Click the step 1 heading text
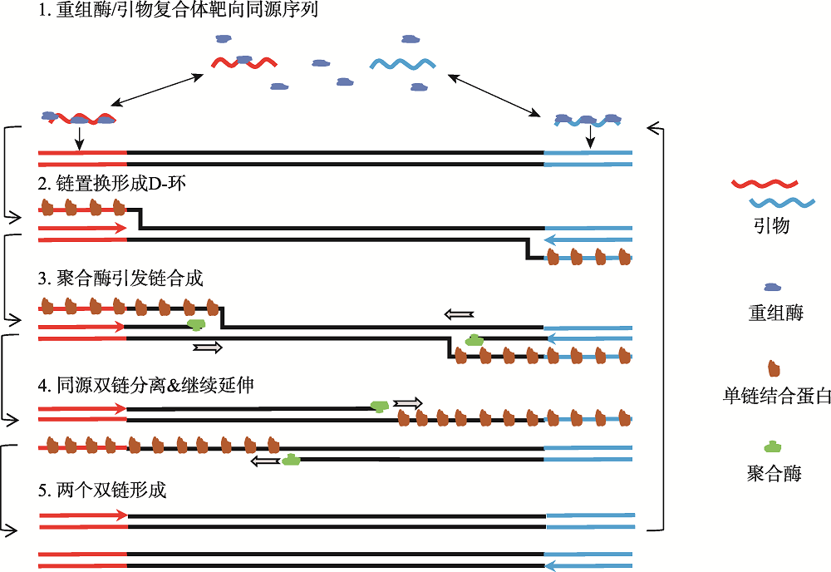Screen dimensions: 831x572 (x=178, y=10)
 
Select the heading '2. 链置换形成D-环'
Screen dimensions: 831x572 (x=112, y=184)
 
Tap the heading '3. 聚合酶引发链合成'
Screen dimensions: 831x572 (x=120, y=278)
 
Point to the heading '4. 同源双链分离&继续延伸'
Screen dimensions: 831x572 (x=145, y=384)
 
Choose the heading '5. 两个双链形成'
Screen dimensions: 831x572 (x=102, y=490)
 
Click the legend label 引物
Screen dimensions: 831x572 (x=772, y=226)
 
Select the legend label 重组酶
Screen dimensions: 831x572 (x=776, y=313)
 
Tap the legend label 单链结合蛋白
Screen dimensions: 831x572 (x=776, y=396)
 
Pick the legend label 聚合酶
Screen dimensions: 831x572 (x=774, y=473)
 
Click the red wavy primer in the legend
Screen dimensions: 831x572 (x=765, y=184)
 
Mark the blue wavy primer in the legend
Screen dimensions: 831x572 (x=782, y=203)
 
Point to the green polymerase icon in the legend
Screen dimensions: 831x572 (x=773, y=446)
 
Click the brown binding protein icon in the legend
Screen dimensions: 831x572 (x=774, y=368)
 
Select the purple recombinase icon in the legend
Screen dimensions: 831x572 (x=773, y=288)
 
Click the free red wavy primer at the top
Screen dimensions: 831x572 (x=244, y=63)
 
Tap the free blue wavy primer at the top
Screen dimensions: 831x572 (x=403, y=64)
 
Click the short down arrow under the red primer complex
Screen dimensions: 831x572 (x=79, y=138)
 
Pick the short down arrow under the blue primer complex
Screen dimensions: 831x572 (x=590, y=137)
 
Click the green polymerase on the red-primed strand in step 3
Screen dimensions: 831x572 (x=196, y=324)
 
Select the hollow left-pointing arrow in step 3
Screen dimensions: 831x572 (x=459, y=314)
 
